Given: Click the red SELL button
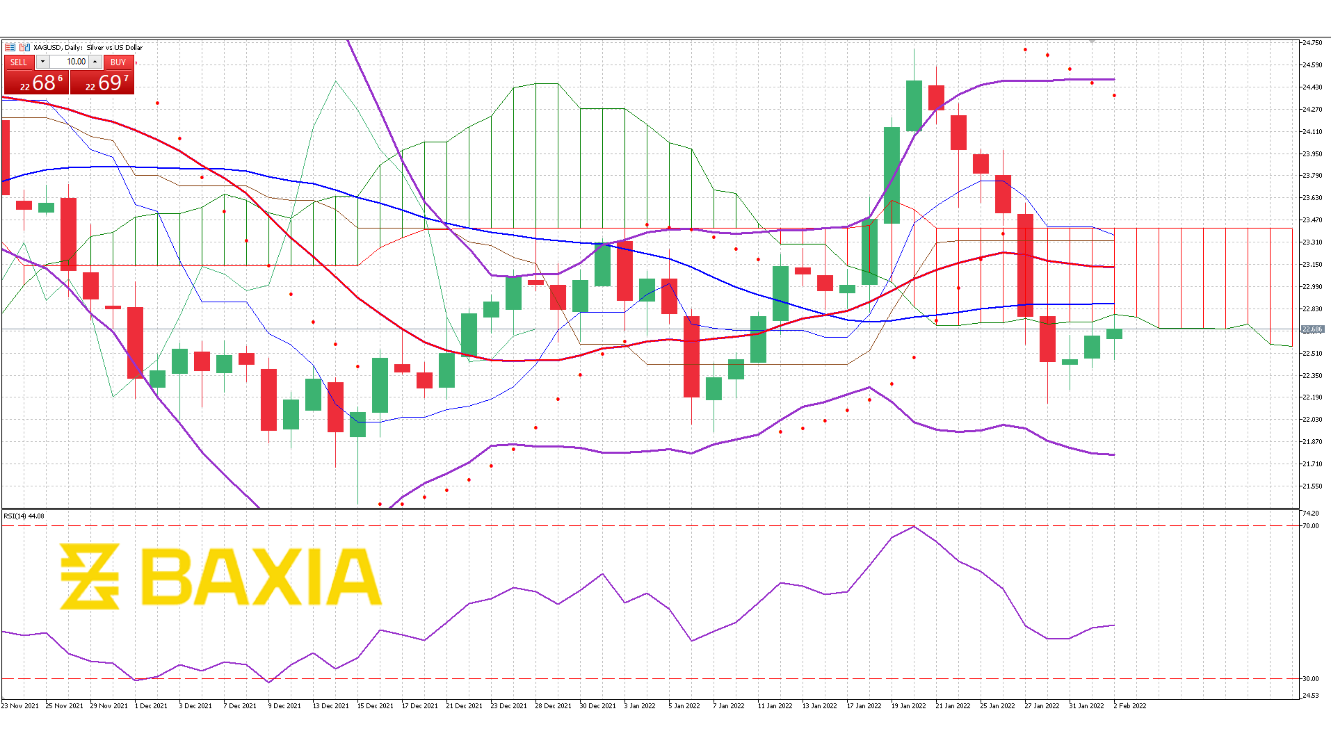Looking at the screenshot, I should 19,62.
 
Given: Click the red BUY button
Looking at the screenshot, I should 118,62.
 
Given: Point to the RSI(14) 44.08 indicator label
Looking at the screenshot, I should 24,516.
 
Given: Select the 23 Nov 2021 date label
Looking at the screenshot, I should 20,706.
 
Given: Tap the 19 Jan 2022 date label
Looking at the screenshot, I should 908,706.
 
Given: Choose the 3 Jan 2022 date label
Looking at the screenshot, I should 640,706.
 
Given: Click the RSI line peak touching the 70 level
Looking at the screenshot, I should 914,527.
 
